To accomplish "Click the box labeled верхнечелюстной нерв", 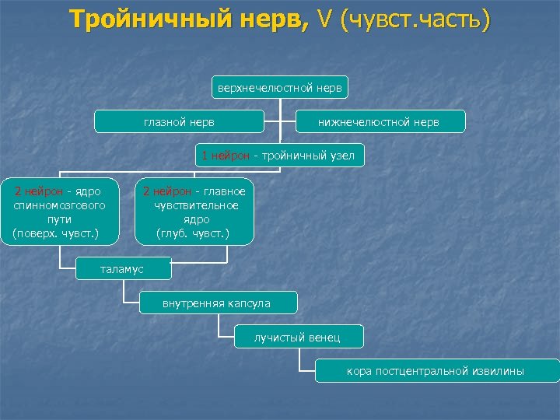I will point(280,87).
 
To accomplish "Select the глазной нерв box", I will point(179,122).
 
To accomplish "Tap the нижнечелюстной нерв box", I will point(381,122).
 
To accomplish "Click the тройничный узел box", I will point(278,156).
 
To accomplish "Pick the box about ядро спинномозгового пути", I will point(61,212).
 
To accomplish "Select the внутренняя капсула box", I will point(216,303).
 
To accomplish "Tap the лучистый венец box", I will point(298,337).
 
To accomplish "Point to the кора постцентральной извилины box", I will point(436,371).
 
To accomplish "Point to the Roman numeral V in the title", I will point(322,19).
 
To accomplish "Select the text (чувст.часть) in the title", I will point(415,19).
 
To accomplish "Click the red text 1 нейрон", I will point(226,156).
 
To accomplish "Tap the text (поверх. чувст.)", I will point(56,233).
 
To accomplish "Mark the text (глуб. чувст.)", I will point(193,233).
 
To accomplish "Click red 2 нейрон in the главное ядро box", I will point(166,191).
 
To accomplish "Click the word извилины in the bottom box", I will point(498,371).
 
